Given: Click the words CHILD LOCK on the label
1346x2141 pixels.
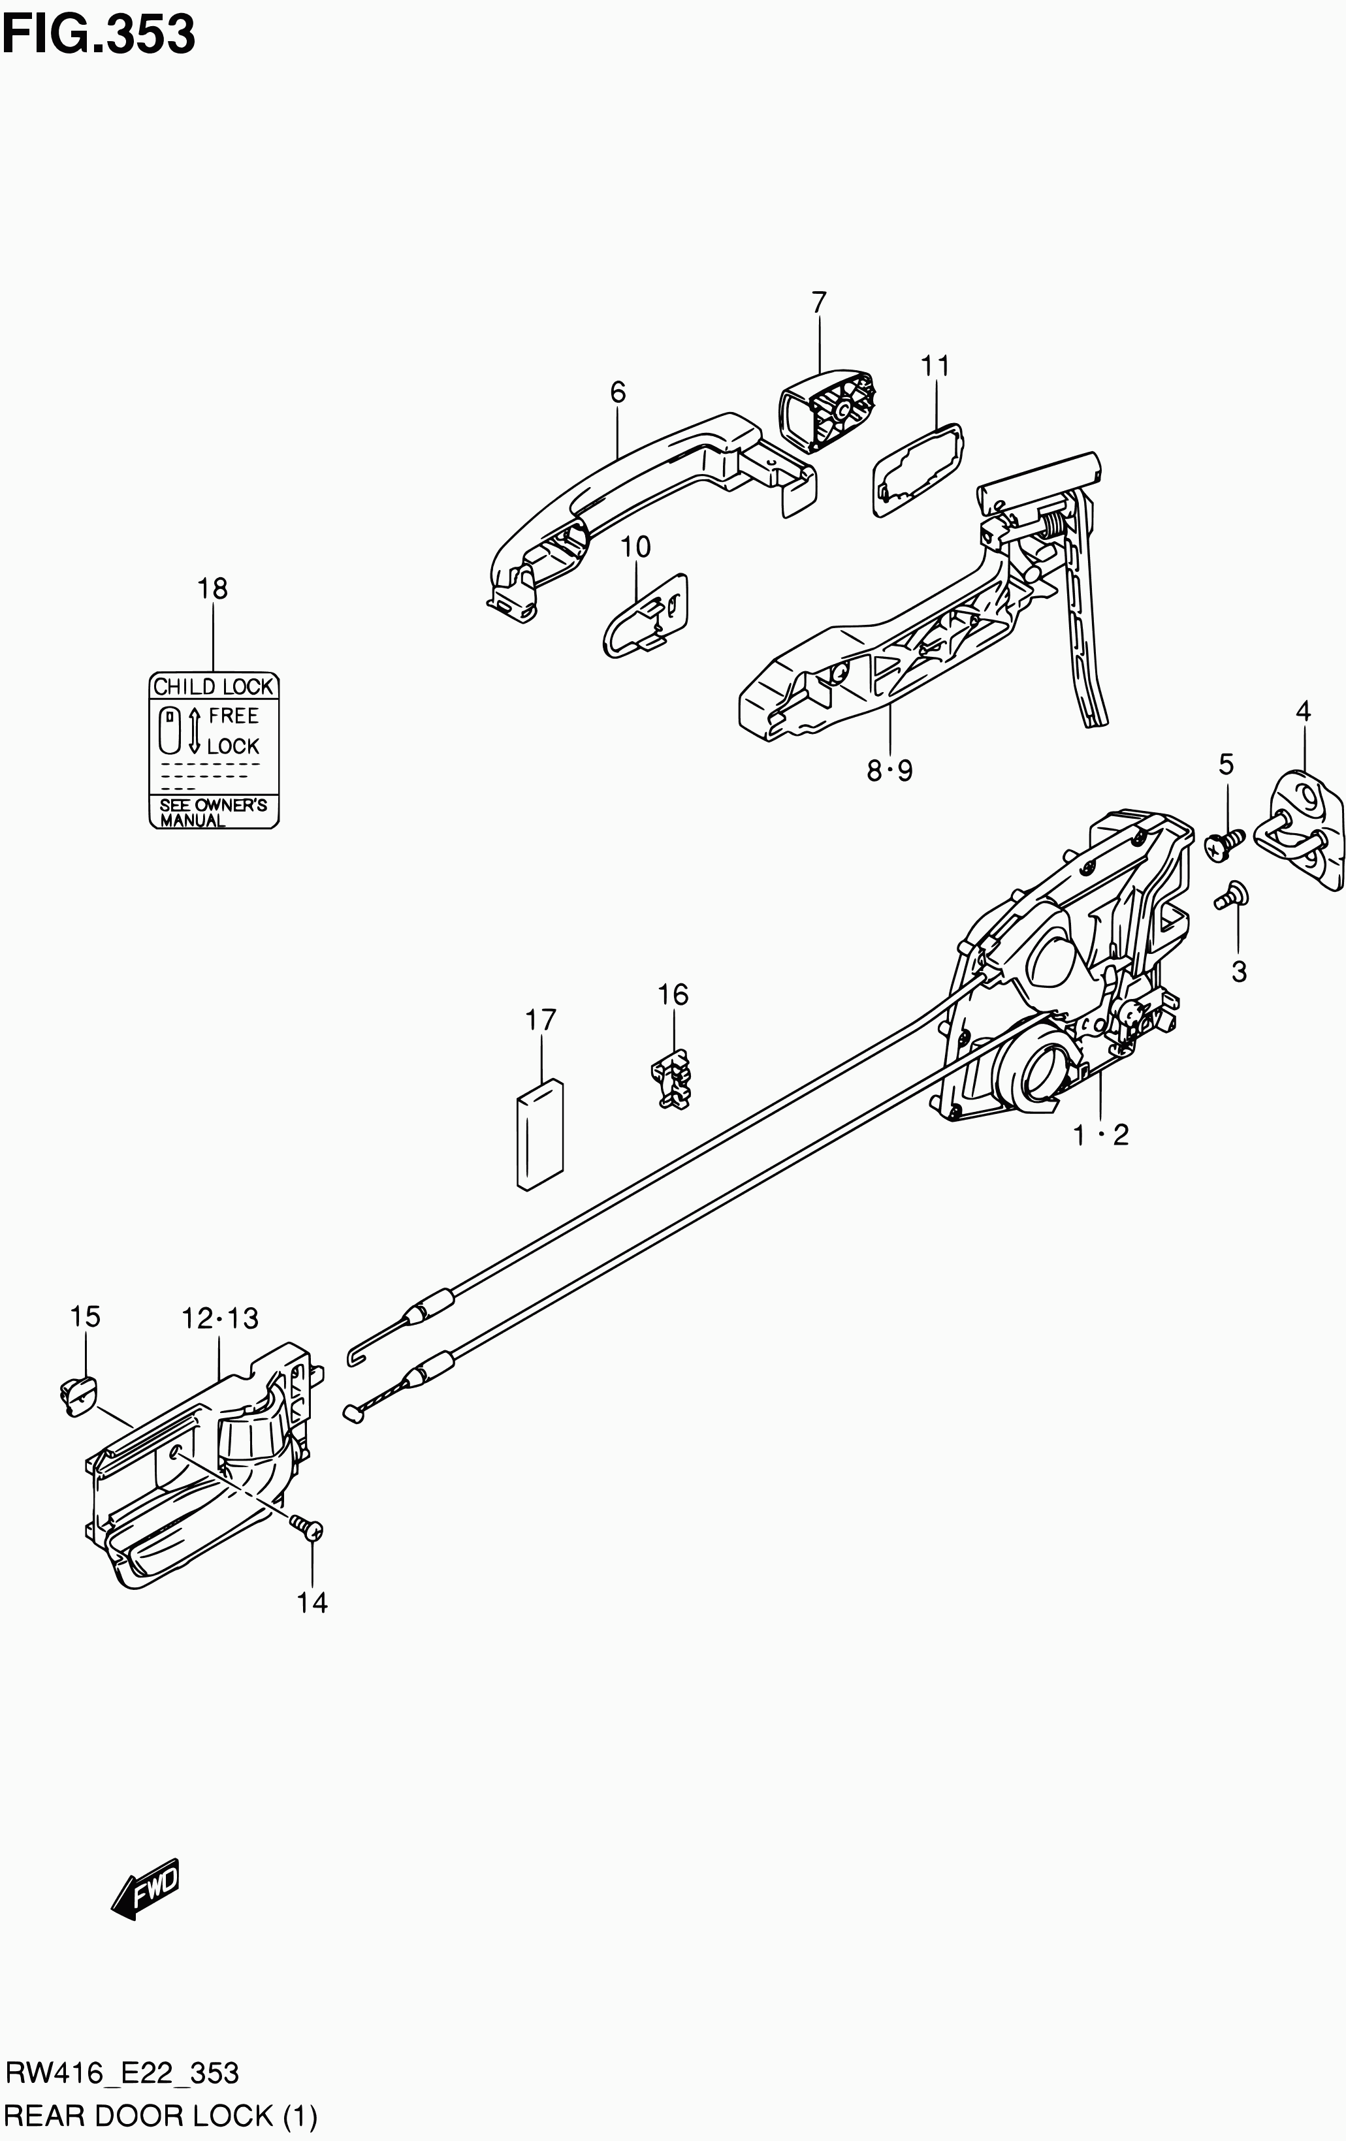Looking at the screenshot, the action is coord(214,686).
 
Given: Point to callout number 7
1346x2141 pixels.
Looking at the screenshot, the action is coord(819,302).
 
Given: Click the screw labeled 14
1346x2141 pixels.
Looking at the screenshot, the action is coord(308,1529).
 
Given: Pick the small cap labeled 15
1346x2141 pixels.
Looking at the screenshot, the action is coord(79,1394).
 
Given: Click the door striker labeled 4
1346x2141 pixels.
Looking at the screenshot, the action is coord(1304,829).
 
